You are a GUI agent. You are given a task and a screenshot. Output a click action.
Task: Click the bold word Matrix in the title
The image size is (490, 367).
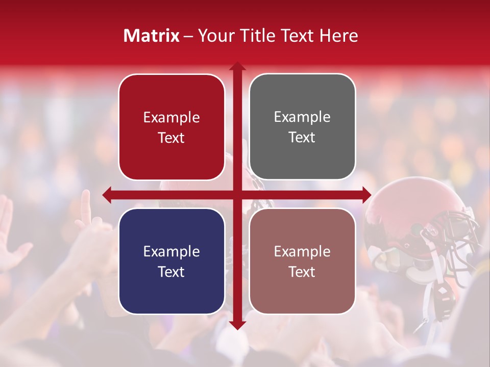[152, 36]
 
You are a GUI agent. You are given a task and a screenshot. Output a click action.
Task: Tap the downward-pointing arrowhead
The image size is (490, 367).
[237, 326]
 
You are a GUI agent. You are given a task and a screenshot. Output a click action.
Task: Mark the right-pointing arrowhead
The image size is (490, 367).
[367, 195]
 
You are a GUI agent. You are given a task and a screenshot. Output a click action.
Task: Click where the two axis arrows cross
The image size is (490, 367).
[237, 195]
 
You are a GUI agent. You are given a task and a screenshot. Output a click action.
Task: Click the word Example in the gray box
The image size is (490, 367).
[302, 117]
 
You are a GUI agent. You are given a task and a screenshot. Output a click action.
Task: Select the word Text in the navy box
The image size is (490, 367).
[171, 272]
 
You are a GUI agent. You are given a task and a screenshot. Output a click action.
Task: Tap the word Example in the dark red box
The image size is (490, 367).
[171, 118]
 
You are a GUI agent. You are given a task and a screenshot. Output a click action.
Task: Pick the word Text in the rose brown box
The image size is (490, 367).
[302, 272]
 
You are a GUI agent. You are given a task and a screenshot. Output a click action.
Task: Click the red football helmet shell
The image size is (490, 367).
[403, 209]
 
